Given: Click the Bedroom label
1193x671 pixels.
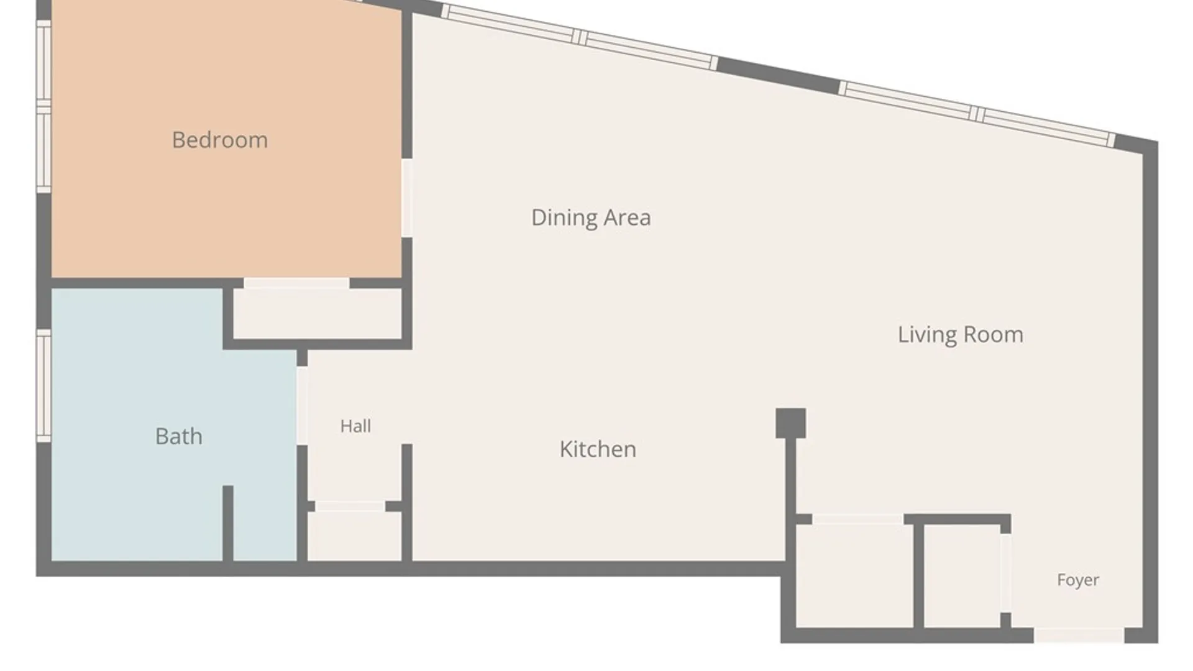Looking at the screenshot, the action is [x=220, y=140].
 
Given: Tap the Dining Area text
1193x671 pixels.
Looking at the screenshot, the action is [x=591, y=217].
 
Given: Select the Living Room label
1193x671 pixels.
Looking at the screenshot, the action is [x=961, y=335].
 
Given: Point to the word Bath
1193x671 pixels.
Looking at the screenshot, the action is [x=179, y=436].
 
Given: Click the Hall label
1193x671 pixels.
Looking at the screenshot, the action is [x=355, y=426].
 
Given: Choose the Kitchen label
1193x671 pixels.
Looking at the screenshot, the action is [x=598, y=449].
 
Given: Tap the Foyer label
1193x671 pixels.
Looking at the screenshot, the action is [x=1078, y=580].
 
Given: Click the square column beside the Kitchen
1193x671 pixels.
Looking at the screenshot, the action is [x=791, y=423].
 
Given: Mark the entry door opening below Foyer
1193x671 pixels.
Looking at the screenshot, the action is [x=1079, y=635].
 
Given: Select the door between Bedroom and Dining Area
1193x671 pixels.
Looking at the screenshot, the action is [x=407, y=198].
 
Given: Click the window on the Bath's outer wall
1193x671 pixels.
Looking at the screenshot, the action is [x=43, y=385].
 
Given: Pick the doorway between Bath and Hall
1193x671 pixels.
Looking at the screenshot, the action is [x=302, y=406].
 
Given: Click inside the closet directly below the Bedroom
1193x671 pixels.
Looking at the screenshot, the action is [x=318, y=314].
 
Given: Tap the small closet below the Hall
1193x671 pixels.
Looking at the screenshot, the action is [x=354, y=536].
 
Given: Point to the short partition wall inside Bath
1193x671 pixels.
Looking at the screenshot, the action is [x=228, y=523].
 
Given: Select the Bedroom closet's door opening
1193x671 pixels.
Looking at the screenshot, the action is [x=296, y=283].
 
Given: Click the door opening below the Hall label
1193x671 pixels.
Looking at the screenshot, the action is [x=350, y=506].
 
